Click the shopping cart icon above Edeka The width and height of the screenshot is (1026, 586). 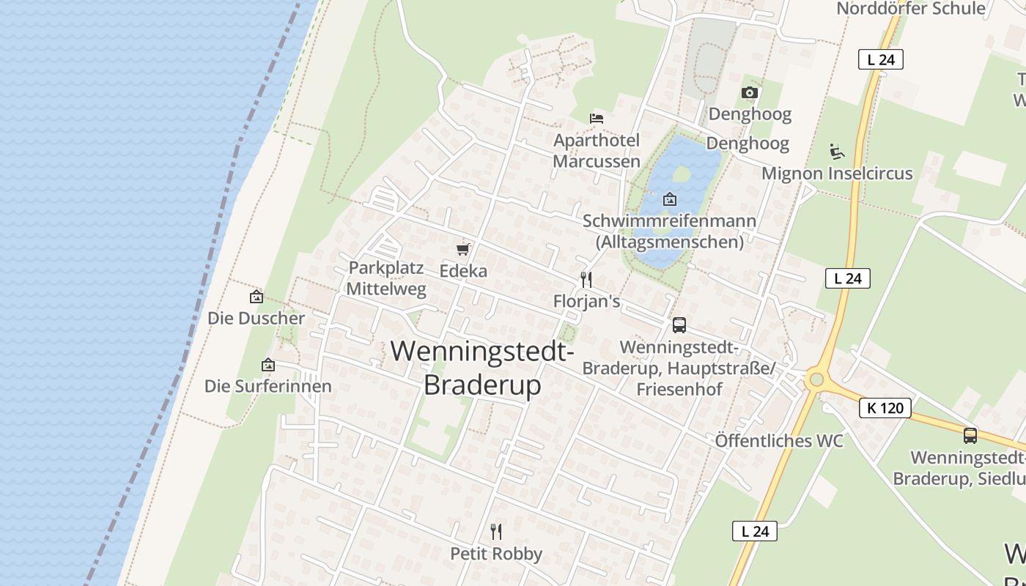tap(462, 250)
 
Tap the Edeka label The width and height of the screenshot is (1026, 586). tap(463, 271)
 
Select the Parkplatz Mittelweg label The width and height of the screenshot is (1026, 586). tap(386, 278)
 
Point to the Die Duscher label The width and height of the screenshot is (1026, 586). tap(256, 319)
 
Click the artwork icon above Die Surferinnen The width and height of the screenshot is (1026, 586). tap(268, 365)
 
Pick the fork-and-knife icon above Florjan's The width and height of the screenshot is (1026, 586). tap(586, 279)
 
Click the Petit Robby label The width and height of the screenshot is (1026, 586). tap(496, 554)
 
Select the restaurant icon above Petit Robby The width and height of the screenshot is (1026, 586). tap(496, 531)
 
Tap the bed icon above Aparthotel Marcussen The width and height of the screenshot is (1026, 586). tap(597, 118)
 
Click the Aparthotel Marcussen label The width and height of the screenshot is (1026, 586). tap(597, 150)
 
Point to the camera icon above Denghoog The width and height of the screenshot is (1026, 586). tap(749, 92)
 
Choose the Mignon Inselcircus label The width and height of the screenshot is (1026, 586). tap(837, 174)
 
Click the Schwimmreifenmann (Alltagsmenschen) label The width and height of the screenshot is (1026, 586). tap(670, 231)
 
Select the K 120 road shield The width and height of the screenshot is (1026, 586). tap(885, 408)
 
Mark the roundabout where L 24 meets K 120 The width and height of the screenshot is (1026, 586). tap(816, 380)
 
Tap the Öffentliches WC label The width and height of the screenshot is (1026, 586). tap(779, 441)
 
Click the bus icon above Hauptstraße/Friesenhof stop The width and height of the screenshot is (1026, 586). tap(679, 325)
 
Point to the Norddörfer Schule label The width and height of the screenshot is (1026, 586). tap(911, 9)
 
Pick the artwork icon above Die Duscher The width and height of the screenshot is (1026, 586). tap(256, 297)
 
